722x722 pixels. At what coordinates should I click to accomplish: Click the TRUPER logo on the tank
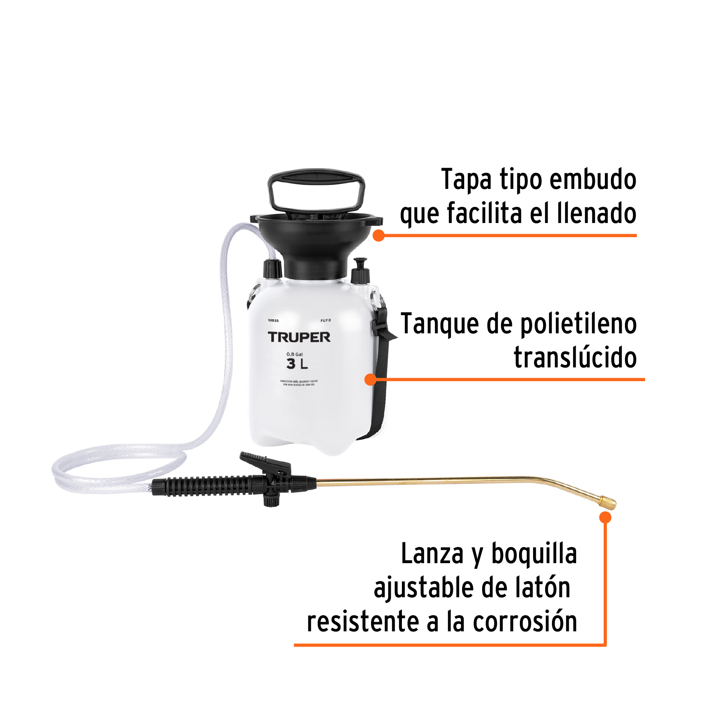(x=299, y=337)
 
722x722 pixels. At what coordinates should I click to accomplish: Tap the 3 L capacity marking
(x=297, y=364)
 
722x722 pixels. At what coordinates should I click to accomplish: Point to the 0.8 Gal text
(x=294, y=354)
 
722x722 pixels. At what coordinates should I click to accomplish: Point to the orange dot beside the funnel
(x=378, y=235)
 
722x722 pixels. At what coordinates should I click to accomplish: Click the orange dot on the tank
(x=371, y=379)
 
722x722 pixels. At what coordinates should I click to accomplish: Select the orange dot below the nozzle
(x=605, y=517)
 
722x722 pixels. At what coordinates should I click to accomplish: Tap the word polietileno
(x=578, y=324)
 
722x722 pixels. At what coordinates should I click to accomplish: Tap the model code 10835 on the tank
(x=273, y=320)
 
